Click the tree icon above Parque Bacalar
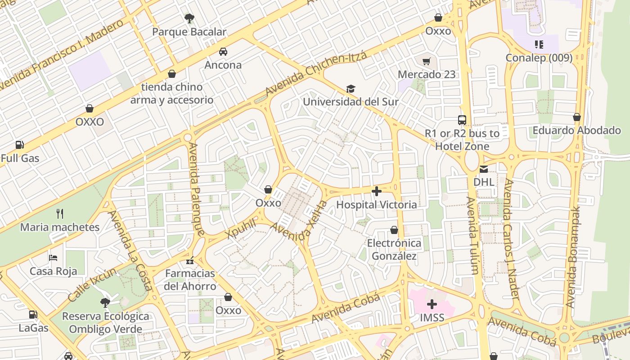(189, 18)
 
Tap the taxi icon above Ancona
(223, 52)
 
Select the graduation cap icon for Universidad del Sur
(351, 89)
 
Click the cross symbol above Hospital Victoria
(377, 191)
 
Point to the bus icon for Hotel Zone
(462, 120)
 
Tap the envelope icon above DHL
(484, 169)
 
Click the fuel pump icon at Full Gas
(19, 145)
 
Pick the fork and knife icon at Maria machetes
(60, 213)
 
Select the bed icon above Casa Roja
(53, 258)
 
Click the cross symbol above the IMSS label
(432, 304)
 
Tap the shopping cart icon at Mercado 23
(426, 61)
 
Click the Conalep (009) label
(539, 58)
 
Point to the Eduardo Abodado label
(576, 130)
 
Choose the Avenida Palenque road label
(197, 189)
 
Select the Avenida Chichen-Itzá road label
(316, 73)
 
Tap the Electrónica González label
(394, 250)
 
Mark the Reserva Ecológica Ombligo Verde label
(105, 322)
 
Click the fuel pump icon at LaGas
(33, 315)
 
